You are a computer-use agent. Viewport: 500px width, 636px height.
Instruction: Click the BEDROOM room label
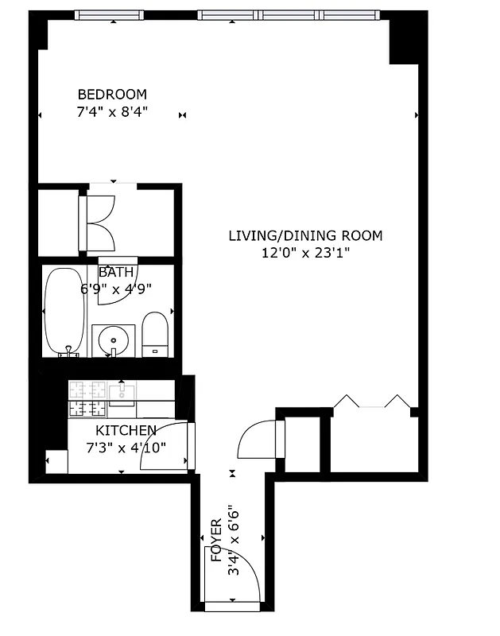tap(111, 94)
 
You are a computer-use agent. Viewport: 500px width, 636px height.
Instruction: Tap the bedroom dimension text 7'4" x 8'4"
tap(111, 112)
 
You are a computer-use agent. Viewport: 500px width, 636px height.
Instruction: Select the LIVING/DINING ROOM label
tap(305, 235)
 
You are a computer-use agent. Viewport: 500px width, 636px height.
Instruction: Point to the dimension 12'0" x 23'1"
tap(305, 253)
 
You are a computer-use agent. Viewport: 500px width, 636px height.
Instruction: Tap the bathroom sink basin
tap(114, 339)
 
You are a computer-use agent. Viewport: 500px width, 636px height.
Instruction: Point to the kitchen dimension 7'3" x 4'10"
tap(126, 447)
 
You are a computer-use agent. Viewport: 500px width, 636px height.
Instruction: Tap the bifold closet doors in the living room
tap(371, 402)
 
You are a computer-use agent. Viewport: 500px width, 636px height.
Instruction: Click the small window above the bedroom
tap(110, 15)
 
